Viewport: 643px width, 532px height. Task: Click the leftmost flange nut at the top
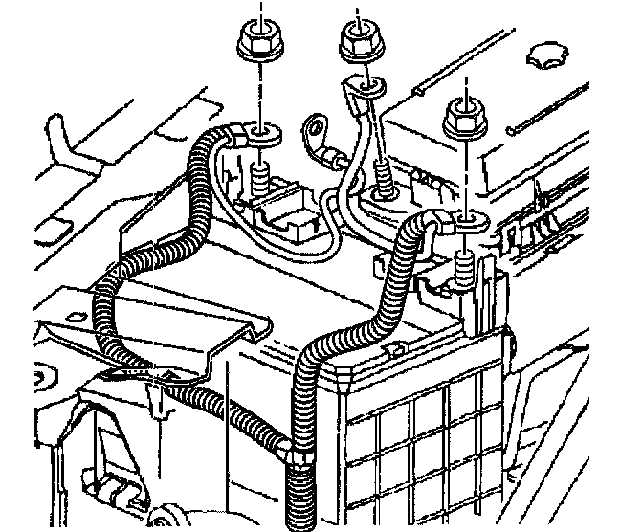coord(255,41)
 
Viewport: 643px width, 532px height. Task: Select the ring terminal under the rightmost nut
coord(466,224)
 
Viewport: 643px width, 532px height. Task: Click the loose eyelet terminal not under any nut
coord(314,127)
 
